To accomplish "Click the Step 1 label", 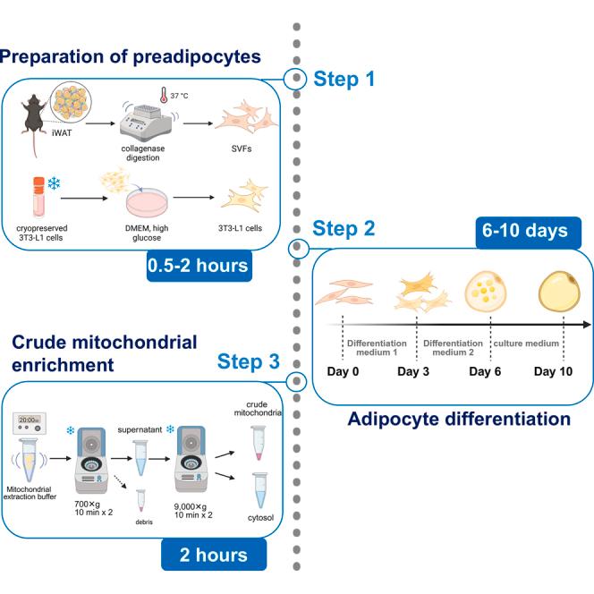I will [x=344, y=79].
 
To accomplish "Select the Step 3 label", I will [x=250, y=361].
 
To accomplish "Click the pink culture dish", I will [x=140, y=201].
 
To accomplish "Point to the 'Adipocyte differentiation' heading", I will [x=458, y=419].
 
